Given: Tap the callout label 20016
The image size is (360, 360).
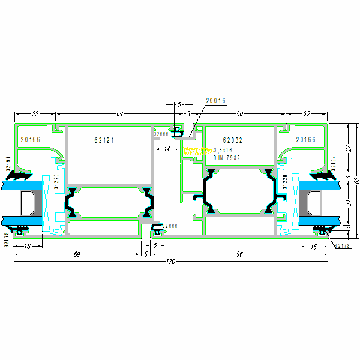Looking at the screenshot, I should pyautogui.click(x=215, y=101).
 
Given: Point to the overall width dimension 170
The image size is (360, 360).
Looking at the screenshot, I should pyautogui.click(x=172, y=262).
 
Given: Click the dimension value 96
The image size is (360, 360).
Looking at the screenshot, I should pyautogui.click(x=238, y=254).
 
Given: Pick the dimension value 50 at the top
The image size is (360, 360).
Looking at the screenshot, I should pyautogui.click(x=239, y=113).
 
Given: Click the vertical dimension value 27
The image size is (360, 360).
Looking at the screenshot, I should pyautogui.click(x=347, y=148).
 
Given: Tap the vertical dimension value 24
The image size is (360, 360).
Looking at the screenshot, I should pyautogui.click(x=347, y=202).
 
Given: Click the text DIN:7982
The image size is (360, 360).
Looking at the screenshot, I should pyautogui.click(x=227, y=158).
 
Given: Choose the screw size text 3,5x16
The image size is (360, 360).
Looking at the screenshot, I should pyautogui.click(x=223, y=150).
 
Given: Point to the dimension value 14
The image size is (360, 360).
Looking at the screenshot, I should pyautogui.click(x=167, y=148).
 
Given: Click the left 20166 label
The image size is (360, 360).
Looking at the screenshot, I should pyautogui.click(x=30, y=140).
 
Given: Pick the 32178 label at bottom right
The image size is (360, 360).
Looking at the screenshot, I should pyautogui.click(x=342, y=246).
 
